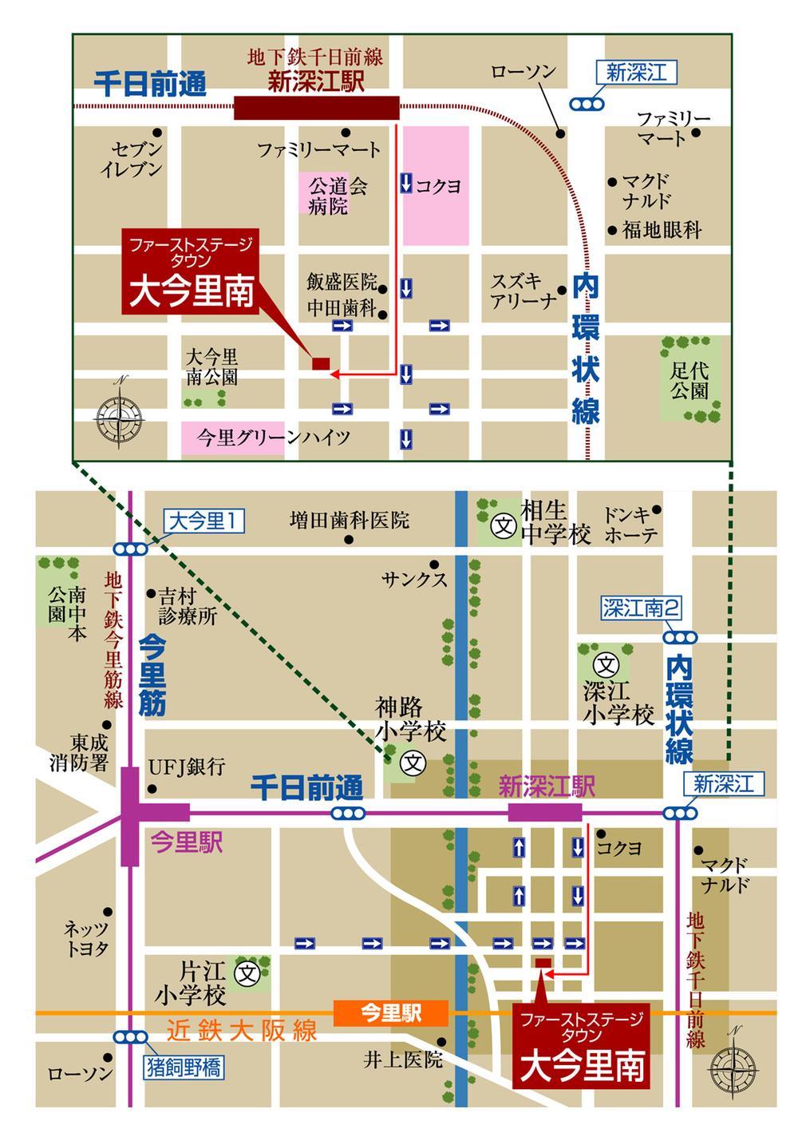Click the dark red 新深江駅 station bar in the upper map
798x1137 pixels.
click(x=317, y=108)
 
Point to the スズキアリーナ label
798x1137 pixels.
click(x=523, y=291)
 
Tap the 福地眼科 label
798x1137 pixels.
click(x=662, y=231)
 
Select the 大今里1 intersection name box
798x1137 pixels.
click(x=204, y=522)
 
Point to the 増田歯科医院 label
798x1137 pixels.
click(x=349, y=521)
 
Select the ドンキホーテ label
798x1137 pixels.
click(x=630, y=524)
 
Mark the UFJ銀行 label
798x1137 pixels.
click(x=187, y=767)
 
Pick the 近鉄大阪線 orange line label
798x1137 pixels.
click(x=242, y=1031)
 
